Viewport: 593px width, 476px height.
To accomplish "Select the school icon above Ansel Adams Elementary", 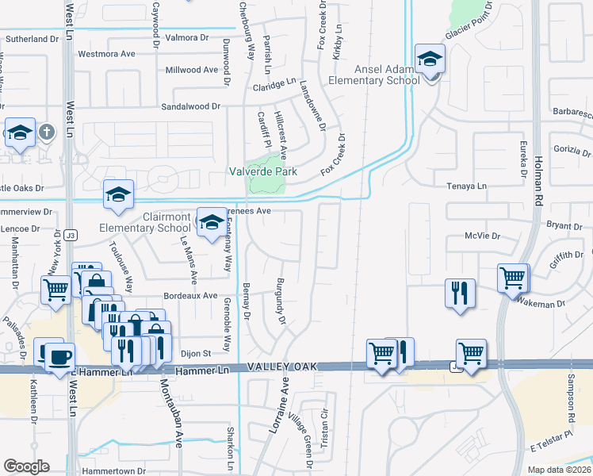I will tap(430, 59).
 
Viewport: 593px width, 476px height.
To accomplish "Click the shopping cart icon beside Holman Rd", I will tap(512, 278).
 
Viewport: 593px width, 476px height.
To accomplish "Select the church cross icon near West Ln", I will tap(47, 132).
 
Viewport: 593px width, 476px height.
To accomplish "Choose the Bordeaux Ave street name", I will tap(190, 296).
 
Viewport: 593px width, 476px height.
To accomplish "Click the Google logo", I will tap(26, 466).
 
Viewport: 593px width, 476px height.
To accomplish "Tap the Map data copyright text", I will tap(559, 470).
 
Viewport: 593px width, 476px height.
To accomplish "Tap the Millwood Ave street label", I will tap(191, 70).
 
